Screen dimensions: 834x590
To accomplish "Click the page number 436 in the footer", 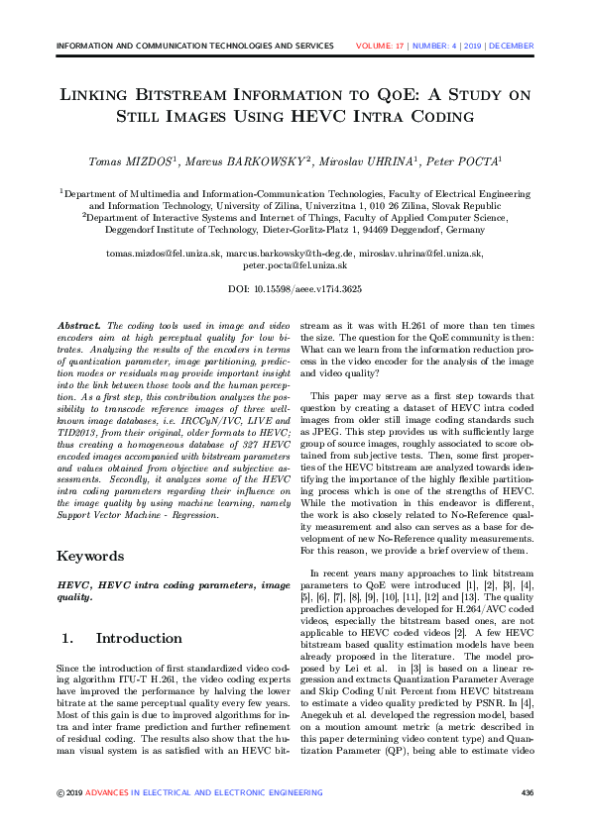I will click(x=527, y=792).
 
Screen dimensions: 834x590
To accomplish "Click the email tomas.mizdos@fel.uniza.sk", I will click(x=165, y=254).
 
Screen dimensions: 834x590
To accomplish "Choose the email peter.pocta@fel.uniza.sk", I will click(x=295, y=265).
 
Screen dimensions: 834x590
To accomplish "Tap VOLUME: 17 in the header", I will click(x=383, y=46).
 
